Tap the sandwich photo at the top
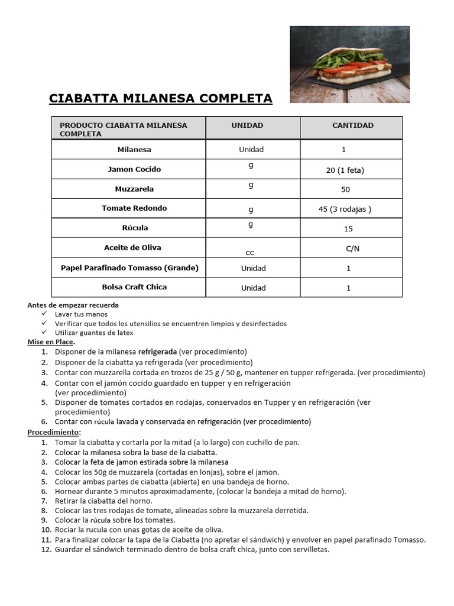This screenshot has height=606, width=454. click(349, 65)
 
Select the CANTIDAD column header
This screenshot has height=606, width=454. click(352, 125)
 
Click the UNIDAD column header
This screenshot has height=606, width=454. click(247, 125)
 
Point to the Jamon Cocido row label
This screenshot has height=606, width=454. click(134, 169)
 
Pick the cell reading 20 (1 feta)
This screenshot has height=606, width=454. click(345, 170)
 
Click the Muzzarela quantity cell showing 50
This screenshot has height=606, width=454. click(346, 189)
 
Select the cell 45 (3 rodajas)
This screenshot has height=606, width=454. click(345, 208)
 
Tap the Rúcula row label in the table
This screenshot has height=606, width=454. click(134, 228)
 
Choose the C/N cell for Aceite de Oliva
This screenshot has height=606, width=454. click(352, 249)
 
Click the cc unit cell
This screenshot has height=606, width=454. click(250, 252)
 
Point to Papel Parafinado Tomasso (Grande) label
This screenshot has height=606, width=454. click(129, 268)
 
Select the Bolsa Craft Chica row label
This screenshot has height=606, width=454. click(134, 287)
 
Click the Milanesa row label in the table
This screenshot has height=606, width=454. click(134, 150)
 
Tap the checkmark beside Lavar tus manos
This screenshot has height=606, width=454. click(44, 314)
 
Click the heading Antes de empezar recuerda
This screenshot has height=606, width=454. click(73, 305)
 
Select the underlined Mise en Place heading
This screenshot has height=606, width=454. click(51, 342)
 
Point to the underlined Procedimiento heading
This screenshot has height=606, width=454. click(54, 432)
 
